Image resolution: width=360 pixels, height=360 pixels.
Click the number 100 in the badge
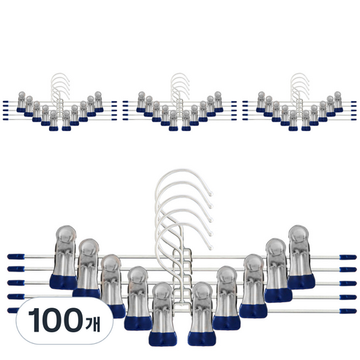56,320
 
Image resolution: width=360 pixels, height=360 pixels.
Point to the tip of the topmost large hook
211,194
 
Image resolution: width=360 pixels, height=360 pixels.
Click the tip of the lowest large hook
211,248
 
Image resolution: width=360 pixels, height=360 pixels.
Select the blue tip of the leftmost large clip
64,282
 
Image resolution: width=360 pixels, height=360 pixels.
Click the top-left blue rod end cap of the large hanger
16,257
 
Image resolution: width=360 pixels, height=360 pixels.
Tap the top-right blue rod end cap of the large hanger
348,257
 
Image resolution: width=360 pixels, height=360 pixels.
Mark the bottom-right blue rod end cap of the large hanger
348,311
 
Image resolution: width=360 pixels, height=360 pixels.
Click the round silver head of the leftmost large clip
66,235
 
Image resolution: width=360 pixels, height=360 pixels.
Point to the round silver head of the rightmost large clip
299,234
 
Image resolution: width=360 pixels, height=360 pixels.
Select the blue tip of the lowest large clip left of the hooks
163,339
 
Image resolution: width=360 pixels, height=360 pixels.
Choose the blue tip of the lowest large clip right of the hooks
202,339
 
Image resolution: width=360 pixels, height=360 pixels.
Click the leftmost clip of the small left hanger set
21,102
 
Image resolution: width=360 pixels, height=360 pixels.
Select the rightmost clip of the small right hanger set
338,102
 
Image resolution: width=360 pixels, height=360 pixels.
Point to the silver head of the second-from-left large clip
89,248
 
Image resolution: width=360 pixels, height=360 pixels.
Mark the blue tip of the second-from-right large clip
278,295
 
